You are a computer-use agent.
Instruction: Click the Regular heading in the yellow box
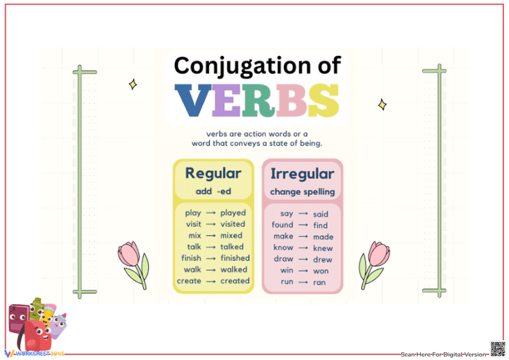[x=213, y=173]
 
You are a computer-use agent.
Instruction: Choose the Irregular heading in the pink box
[x=302, y=174]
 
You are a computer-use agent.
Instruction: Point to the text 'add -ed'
[x=213, y=192]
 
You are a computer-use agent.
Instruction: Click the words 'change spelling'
[x=302, y=192]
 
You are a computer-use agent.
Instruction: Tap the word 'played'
[x=233, y=213]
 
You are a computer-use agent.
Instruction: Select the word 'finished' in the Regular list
[x=235, y=258]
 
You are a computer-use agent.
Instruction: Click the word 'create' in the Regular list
[x=189, y=281]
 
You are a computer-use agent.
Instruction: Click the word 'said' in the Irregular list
[x=320, y=214]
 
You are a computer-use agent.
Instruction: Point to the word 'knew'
[x=323, y=248]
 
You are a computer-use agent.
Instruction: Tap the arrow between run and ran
[x=303, y=282]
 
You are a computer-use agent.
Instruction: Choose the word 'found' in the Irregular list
[x=282, y=225]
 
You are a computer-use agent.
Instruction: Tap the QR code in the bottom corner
[x=497, y=349]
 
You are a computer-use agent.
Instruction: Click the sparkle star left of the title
[x=133, y=84]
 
